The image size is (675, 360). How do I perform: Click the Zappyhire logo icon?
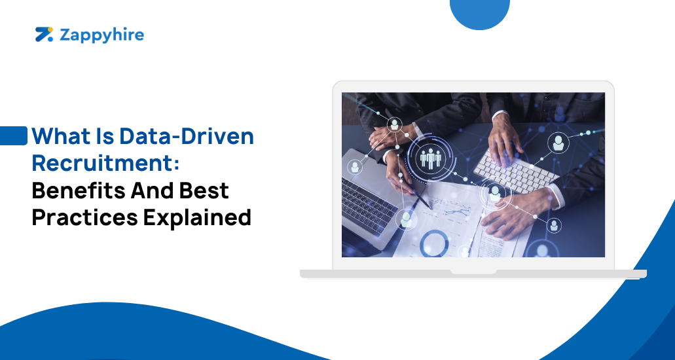pos(44,34)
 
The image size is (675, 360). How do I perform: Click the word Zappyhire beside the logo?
pos(101,35)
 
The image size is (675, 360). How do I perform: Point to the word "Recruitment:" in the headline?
pos(105,163)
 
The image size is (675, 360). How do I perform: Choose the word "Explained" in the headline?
pos(194,217)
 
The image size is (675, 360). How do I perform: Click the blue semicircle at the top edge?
pos(480,13)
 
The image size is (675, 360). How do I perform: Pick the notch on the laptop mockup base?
pos(473,271)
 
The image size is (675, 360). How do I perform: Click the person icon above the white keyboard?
pos(558,142)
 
